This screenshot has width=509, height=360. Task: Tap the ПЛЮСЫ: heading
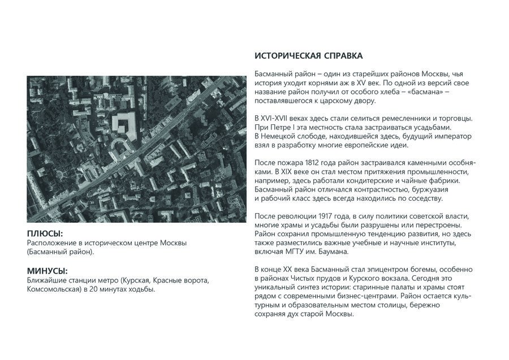click(45, 233)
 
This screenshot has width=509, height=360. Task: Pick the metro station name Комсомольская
click(51, 289)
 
